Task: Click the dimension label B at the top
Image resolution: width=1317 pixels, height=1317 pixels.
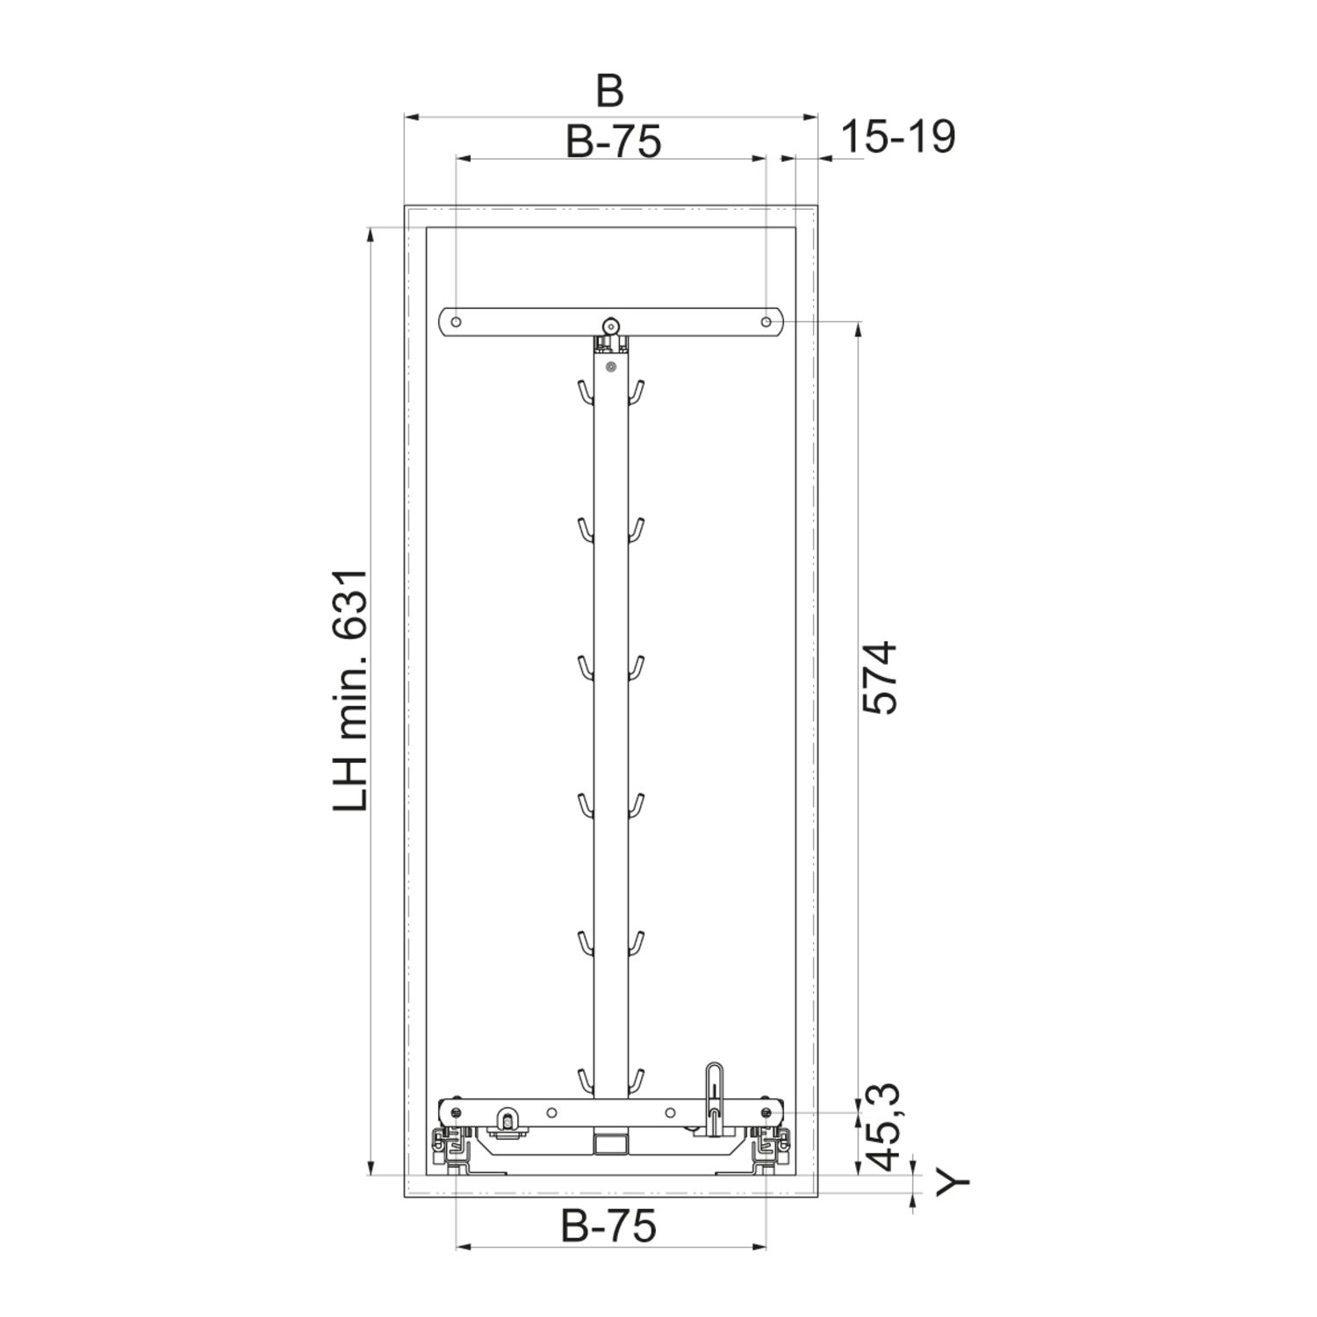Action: coord(609,90)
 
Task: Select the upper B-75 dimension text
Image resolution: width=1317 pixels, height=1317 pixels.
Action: coord(613,140)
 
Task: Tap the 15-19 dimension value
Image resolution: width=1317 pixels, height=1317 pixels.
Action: coord(898,137)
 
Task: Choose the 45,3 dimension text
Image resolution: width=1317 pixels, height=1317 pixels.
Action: coord(881,1128)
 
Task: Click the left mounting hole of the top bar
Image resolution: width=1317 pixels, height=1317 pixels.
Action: coord(457,322)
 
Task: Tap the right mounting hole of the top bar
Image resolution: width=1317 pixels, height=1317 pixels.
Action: coord(766,322)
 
